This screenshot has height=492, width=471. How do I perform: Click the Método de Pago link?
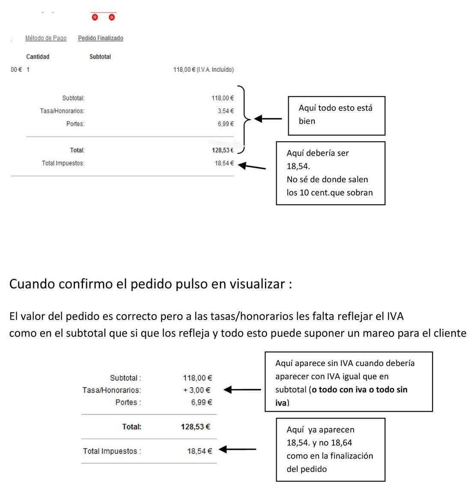46,38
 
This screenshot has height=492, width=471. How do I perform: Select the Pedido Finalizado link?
101,38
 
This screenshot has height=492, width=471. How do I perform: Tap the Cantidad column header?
38,57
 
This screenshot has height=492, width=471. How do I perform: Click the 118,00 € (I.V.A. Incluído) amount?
203,70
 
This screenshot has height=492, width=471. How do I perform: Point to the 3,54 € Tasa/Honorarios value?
226,111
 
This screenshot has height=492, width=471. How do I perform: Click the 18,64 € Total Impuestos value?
224,163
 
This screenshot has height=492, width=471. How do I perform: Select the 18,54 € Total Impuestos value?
200,451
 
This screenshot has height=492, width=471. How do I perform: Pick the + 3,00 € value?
197,390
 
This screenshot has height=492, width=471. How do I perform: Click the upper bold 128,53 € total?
223,150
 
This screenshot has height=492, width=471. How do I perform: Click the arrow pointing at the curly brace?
268,119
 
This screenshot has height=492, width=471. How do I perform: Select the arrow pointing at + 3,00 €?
242,390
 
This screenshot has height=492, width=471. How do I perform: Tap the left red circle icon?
95,17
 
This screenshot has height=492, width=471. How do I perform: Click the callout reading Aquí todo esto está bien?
337,116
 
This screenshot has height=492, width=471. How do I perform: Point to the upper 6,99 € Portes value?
226,124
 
